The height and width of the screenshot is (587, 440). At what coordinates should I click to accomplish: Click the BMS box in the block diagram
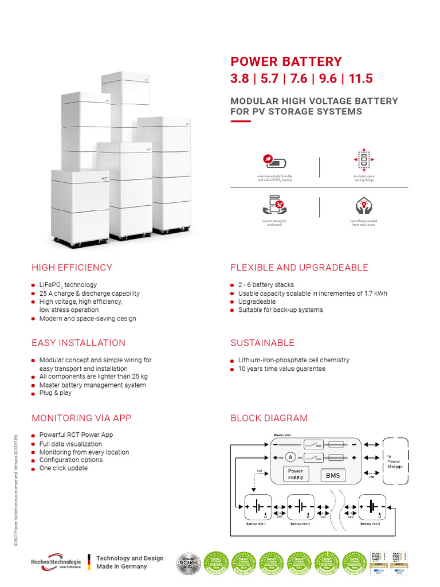pyautogui.click(x=333, y=475)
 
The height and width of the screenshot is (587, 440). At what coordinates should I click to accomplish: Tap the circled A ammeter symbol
pyautogui.click(x=290, y=457)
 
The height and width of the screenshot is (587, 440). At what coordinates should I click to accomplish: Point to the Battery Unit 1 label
pyautogui.click(x=256, y=524)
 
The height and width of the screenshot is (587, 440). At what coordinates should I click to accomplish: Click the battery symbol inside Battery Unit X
pyautogui.click(x=372, y=507)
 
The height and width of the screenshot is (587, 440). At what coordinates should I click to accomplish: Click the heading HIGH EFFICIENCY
pyautogui.click(x=72, y=268)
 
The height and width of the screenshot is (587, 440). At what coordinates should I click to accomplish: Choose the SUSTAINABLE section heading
pyautogui.click(x=262, y=343)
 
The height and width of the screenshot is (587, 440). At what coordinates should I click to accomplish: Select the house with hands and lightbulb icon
pyautogui.click(x=363, y=205)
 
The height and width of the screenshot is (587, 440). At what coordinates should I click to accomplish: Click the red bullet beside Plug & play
pyautogui.click(x=34, y=394)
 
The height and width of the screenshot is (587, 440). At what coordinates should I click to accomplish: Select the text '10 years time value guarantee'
pyautogui.click(x=281, y=369)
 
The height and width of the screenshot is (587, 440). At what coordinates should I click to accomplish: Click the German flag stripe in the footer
pyautogui.click(x=89, y=562)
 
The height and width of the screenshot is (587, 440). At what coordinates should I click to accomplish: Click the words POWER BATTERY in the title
pyautogui.click(x=286, y=62)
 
